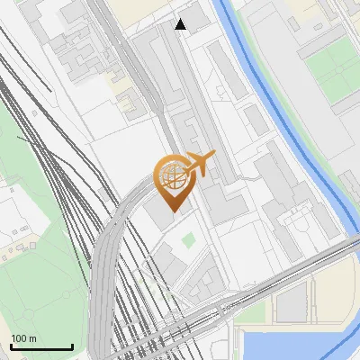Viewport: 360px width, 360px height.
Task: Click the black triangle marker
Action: [x=181, y=24]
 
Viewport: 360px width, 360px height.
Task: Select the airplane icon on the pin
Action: [x=199, y=164]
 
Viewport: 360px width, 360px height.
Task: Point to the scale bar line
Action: [x=41, y=347]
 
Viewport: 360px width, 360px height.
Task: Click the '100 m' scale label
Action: [x=24, y=338]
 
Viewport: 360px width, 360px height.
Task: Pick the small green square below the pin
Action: [x=188, y=240]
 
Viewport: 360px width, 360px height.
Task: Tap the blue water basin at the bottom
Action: [x=297, y=346]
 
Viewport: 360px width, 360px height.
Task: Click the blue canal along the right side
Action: [x=297, y=135]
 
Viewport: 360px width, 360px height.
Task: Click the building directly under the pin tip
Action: [x=163, y=217]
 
